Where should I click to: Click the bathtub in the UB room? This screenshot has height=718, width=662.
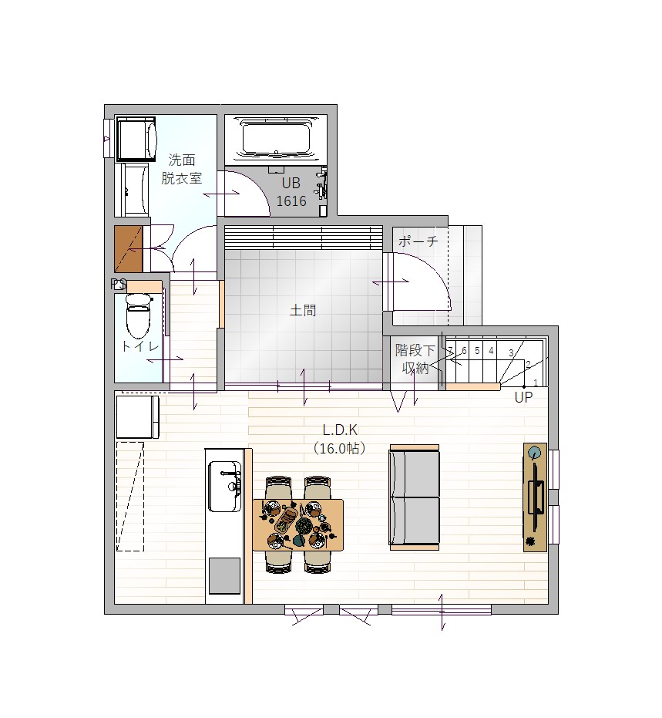click(x=276, y=140)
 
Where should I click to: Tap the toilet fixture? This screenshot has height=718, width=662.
click(x=139, y=315)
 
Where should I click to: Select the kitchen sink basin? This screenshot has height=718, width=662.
click(x=224, y=486)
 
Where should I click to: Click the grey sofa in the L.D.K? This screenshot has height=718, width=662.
click(x=414, y=497)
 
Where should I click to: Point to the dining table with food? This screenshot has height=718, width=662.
click(x=297, y=524)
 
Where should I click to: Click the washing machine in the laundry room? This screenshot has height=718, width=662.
click(x=136, y=139)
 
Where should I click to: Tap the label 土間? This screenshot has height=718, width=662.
click(x=303, y=311)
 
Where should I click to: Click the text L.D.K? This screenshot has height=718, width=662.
click(x=340, y=430)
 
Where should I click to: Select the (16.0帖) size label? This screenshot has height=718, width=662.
click(x=339, y=448)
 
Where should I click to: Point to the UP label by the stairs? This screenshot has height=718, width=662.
click(x=523, y=397)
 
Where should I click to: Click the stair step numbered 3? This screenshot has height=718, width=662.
click(x=511, y=353)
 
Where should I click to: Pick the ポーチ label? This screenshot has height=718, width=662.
click(x=418, y=241)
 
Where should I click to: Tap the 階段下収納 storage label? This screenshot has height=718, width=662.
click(x=415, y=359)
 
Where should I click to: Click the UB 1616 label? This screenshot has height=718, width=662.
click(x=291, y=192)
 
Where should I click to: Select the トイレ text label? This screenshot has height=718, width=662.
click(x=140, y=346)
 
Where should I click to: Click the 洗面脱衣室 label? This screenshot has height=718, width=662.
click(x=182, y=169)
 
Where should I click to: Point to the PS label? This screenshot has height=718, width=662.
click(x=119, y=285)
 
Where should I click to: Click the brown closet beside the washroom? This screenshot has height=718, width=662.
click(x=129, y=249)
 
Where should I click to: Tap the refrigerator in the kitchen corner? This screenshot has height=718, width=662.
click(x=137, y=417)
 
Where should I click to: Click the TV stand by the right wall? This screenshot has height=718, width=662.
click(x=535, y=497)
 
